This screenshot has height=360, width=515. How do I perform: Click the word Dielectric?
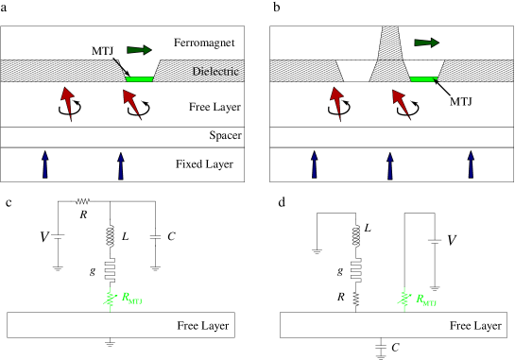pos(215,72)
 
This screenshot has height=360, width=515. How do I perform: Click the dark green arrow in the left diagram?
pos(139,50)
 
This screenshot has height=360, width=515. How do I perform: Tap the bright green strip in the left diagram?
pos(139,79)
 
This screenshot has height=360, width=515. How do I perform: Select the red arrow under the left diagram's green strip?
pos(131,102)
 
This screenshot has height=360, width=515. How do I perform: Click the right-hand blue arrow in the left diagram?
pos(121,165)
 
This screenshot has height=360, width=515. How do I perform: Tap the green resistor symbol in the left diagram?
pos(110,299)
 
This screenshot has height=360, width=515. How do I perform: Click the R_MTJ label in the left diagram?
pos(131,299)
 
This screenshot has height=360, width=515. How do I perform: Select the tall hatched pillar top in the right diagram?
pos(390,43)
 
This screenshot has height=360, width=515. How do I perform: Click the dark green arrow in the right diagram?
pos(426,43)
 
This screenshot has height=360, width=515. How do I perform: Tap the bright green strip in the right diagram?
pos(421,79)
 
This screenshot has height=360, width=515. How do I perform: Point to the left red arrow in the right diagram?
pos(335,101)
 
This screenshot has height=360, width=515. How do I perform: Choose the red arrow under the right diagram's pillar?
pos(401,102)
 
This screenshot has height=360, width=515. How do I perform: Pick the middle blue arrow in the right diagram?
pos(390,165)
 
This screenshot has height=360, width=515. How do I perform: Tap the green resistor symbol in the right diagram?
pos(403,300)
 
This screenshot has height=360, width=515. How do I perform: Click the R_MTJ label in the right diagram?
pos(426,300)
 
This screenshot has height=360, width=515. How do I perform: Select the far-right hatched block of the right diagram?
pos(477,71)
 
